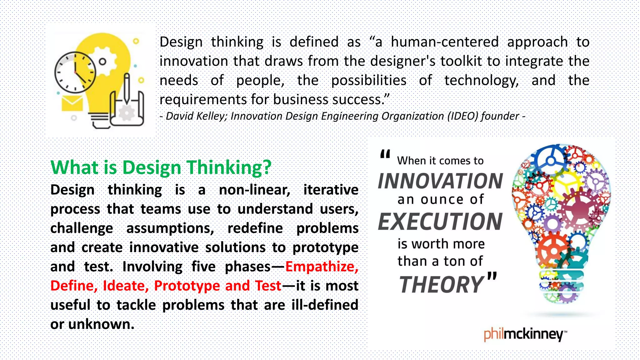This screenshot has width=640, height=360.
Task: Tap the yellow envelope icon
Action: click(72, 103)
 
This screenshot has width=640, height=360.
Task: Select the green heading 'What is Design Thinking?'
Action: click(161, 167)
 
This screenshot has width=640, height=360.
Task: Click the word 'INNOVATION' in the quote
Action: click(440, 181)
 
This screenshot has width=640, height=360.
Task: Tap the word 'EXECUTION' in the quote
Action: click(440, 222)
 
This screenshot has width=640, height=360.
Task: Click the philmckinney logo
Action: click(525, 334)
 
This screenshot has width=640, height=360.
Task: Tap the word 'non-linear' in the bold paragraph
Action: click(254, 190)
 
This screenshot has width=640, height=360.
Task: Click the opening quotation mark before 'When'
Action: click(385, 154)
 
